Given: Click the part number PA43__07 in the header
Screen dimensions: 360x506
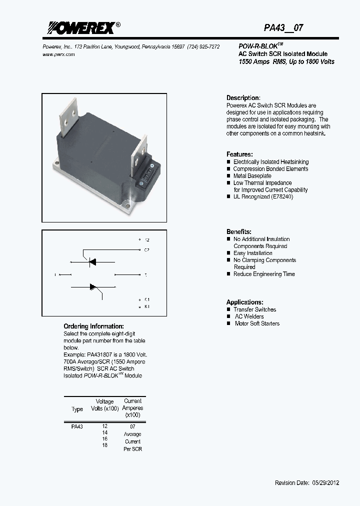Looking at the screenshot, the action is (283, 28).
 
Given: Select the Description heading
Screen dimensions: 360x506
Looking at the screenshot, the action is (243, 98).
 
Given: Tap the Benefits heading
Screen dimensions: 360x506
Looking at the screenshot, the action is (239, 232).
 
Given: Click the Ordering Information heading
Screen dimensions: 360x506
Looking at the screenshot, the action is (93, 326).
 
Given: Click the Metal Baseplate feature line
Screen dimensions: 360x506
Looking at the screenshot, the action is (252, 176).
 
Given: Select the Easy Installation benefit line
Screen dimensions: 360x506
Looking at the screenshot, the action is (252, 253).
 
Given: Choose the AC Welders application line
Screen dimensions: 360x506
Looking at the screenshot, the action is (249, 316).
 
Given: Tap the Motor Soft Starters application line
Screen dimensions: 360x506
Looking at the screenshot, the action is (257, 323).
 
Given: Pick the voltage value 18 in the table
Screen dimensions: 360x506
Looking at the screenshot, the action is (104, 445).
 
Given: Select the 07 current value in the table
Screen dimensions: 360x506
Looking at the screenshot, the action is (132, 426).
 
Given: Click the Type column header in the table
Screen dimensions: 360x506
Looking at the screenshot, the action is (77, 409).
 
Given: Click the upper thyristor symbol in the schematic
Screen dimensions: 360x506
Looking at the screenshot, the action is (92, 261).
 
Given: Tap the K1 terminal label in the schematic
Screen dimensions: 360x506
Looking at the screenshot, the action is (146, 306).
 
